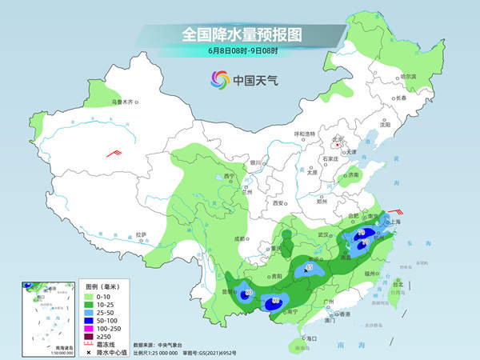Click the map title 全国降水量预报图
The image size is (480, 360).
tap(239, 35)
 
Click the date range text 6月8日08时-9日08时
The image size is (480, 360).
tap(239, 52)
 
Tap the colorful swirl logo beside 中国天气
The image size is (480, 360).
tap(219, 79)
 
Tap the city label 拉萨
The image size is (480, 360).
tap(142, 234)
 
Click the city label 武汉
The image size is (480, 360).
tap(324, 234)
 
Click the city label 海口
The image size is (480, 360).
tap(309, 339)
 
